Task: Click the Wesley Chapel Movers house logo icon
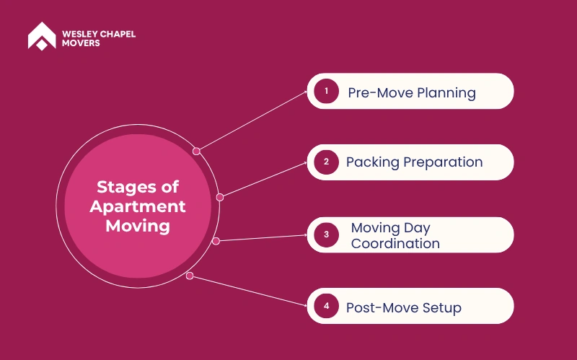(x=42, y=35)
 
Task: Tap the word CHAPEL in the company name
(x=118, y=34)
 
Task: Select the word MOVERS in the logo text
(x=81, y=43)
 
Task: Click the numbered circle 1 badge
(x=327, y=91)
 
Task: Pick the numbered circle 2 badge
(x=327, y=162)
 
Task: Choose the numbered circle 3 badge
(x=327, y=235)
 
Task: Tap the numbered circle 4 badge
(x=327, y=306)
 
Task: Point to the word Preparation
(x=443, y=162)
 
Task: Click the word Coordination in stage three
(x=395, y=244)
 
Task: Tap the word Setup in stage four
(x=442, y=308)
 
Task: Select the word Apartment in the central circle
(x=138, y=207)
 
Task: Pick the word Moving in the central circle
(x=138, y=226)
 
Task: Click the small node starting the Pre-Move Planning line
(x=196, y=152)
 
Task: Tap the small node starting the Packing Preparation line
(x=220, y=197)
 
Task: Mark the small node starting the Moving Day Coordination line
(x=216, y=241)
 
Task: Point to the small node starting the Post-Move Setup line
(x=190, y=276)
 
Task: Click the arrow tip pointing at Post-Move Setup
(x=307, y=305)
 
